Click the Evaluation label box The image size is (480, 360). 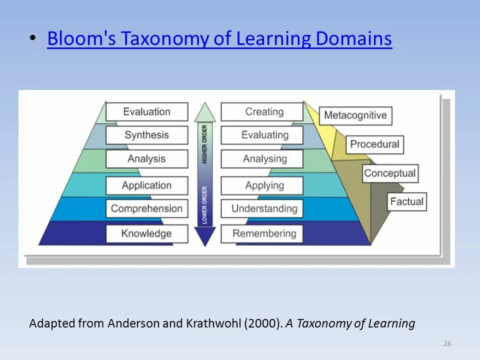147,111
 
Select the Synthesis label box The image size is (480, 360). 147,135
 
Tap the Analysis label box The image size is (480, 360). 147,159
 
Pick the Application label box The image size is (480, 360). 147,185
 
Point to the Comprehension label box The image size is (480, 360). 147,208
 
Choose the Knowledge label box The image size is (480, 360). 147,233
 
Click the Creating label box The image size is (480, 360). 262,111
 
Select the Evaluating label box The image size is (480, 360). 262,135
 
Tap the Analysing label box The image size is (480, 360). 262,159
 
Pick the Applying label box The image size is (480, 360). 262,185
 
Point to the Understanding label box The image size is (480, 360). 262,208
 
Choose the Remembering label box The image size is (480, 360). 262,233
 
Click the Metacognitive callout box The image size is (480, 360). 355,115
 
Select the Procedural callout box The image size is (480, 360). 374,144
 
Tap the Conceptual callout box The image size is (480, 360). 390,173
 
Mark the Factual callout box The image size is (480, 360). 407,202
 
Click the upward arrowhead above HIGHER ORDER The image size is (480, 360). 204,113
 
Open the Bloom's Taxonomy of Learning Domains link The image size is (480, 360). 219,38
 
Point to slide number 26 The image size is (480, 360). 447,343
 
